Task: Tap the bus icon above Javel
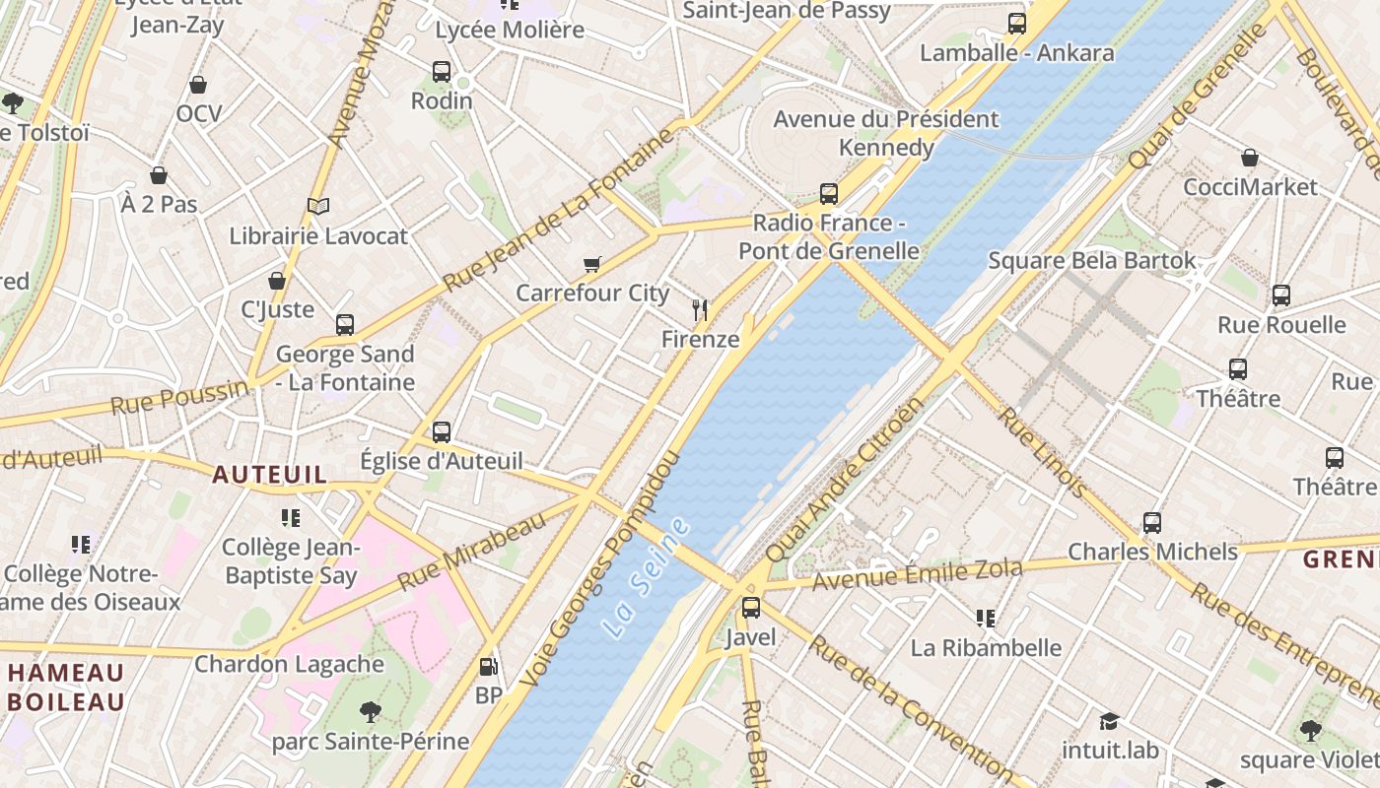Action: point(751,608)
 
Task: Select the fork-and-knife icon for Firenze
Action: point(700,310)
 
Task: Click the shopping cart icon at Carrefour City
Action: point(591,264)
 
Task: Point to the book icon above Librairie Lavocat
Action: point(317,206)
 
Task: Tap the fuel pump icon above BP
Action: point(488,667)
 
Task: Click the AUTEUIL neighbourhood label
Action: point(269,475)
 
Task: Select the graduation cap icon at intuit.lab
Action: point(1109,721)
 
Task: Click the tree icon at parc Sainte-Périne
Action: point(370,711)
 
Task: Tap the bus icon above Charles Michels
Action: point(1152,523)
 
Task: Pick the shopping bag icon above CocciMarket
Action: point(1250,158)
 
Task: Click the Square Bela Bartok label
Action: point(1091,261)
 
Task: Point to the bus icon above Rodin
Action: point(442,72)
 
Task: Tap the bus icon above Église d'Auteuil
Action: point(442,431)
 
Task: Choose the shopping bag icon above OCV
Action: point(198,85)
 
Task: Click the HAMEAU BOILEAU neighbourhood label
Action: point(66,688)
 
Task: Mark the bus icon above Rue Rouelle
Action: point(1281,295)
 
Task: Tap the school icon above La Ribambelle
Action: point(985,619)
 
